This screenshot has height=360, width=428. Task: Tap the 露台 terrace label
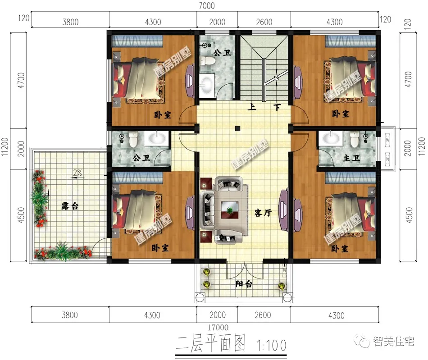point(70,206)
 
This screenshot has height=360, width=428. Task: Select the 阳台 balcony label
point(244,284)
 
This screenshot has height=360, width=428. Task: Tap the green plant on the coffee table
point(230,210)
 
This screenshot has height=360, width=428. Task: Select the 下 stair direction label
point(278,108)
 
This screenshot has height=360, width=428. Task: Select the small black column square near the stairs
point(237,128)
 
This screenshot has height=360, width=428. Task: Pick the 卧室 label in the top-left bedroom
point(162,115)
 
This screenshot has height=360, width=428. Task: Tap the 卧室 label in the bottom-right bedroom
point(340,249)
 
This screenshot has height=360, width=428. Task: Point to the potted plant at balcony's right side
point(282,286)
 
